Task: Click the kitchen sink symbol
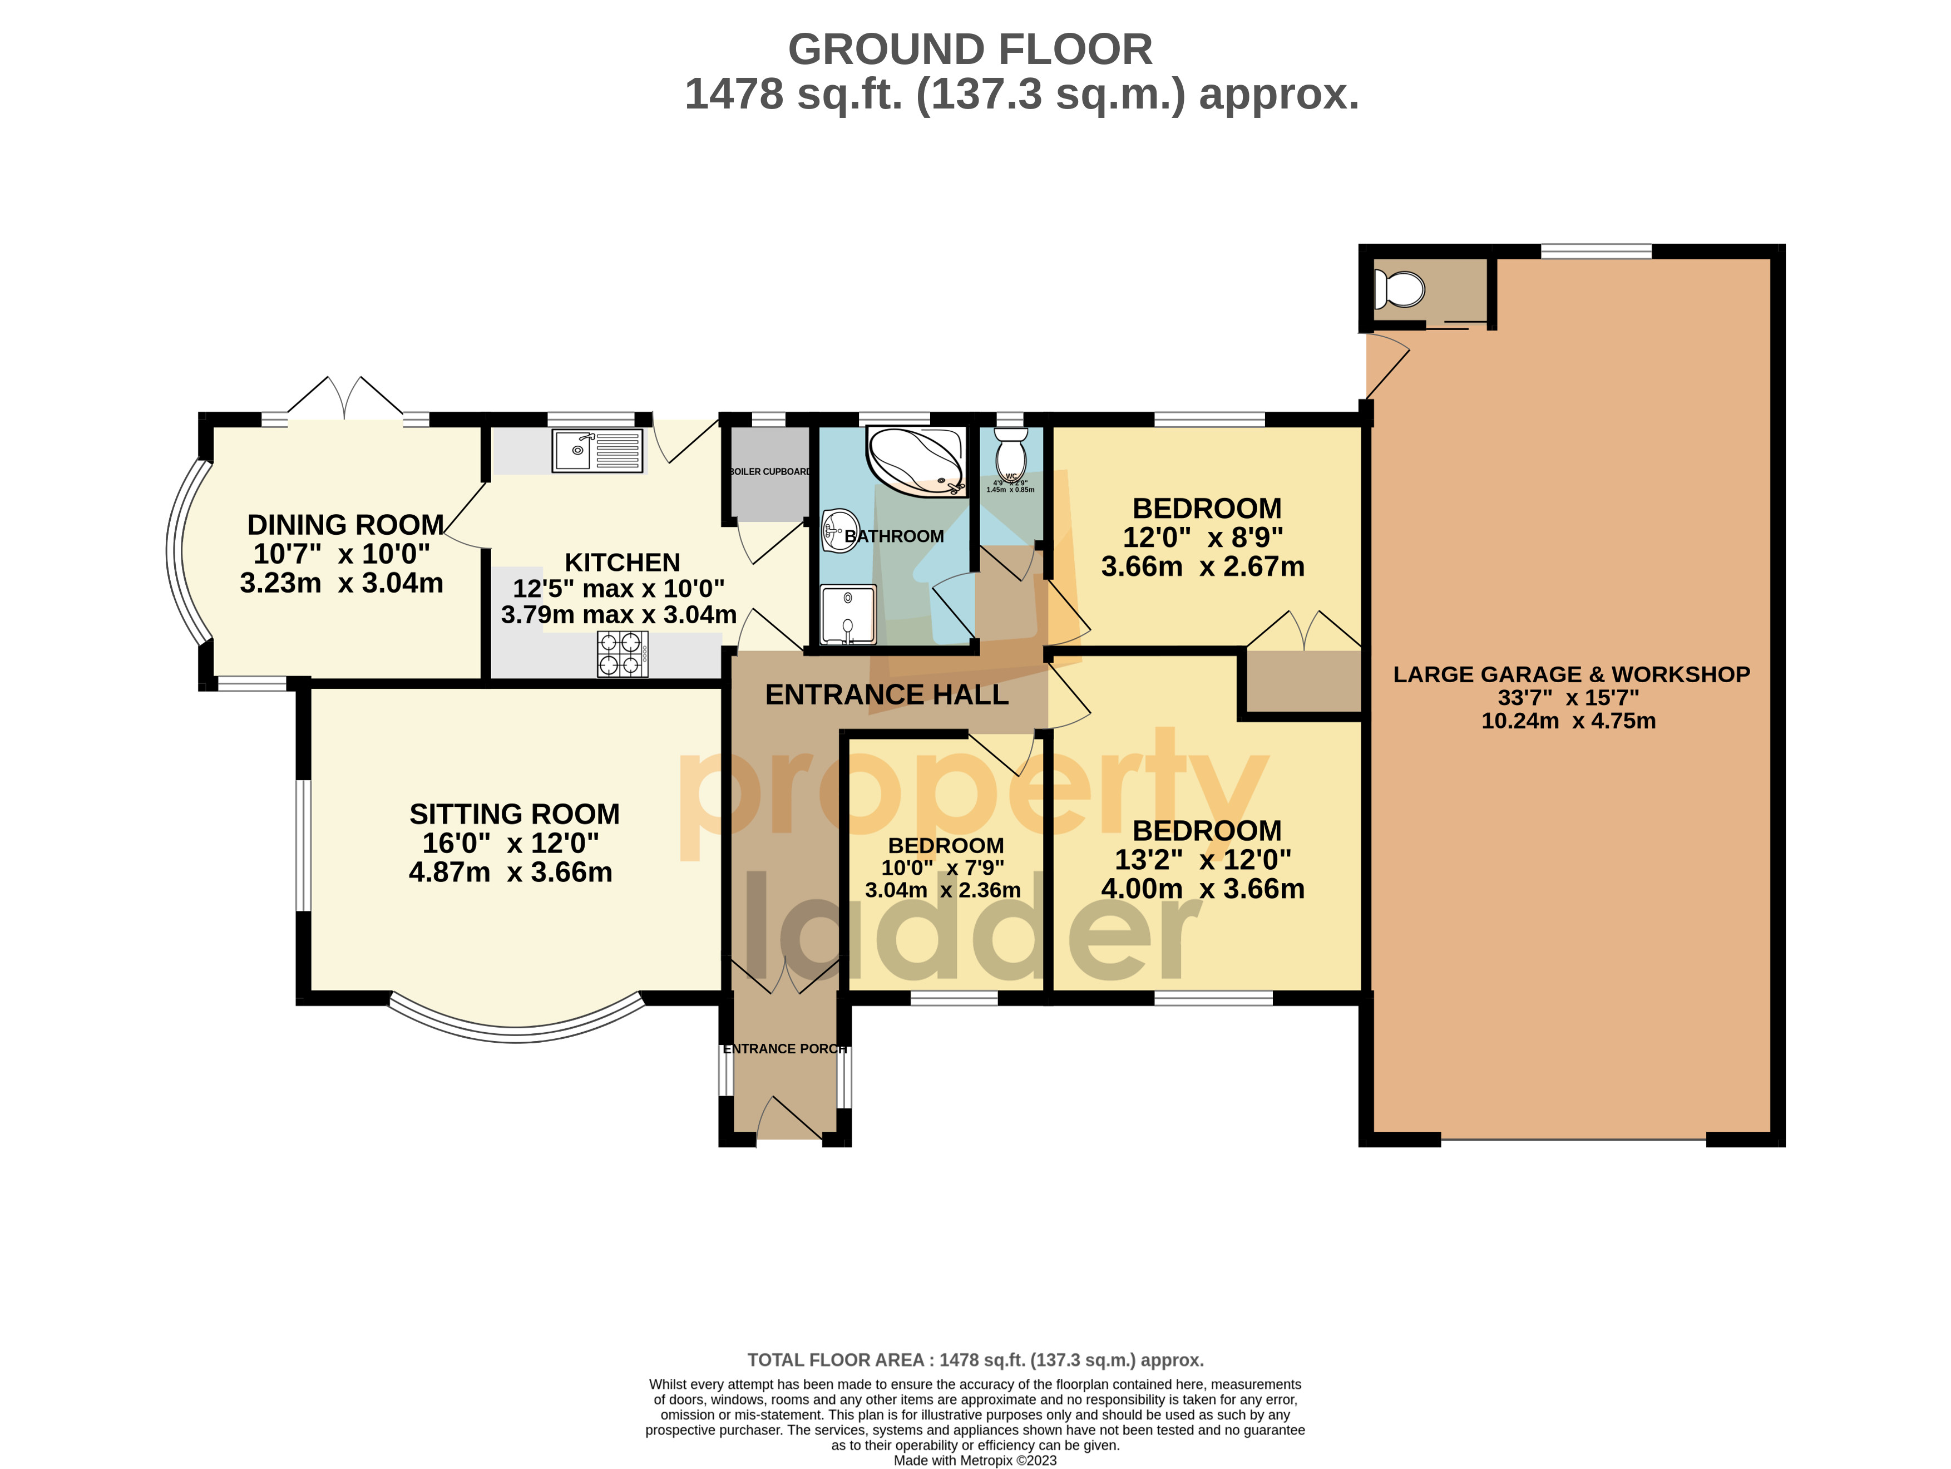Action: (x=597, y=451)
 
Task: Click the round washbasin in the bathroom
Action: (x=839, y=530)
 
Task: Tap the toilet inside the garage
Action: (x=1399, y=288)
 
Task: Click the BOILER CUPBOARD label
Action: (x=769, y=472)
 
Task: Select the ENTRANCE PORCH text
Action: (x=784, y=1048)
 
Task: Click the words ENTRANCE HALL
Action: (x=886, y=695)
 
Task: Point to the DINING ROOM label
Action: (x=345, y=525)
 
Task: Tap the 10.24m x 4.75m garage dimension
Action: (x=1568, y=721)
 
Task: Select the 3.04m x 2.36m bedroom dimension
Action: (x=943, y=890)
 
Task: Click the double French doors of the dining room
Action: (x=345, y=401)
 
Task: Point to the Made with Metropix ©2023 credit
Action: (x=975, y=1460)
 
